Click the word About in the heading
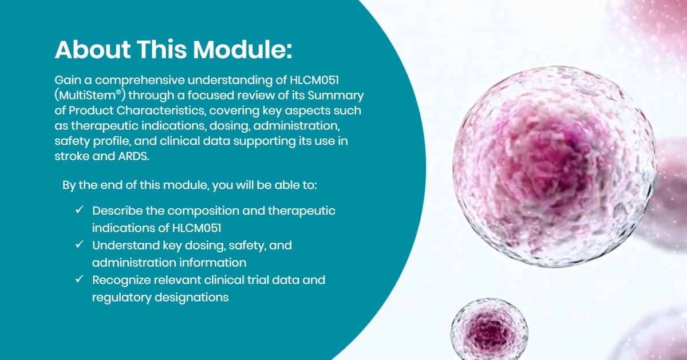(x=92, y=50)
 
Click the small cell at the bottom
(x=488, y=329)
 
